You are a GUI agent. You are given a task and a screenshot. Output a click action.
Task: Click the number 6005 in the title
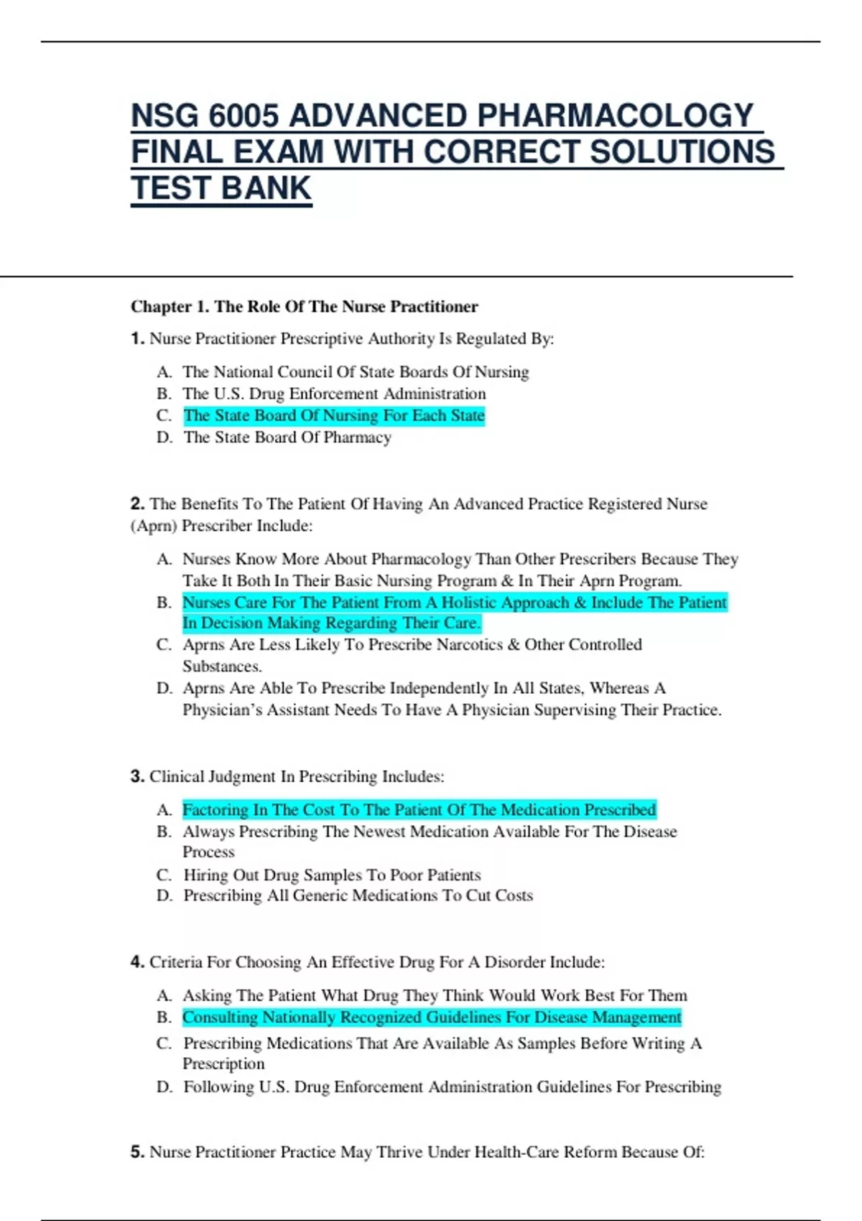pos(244,116)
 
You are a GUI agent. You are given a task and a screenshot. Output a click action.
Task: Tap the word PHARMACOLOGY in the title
pos(615,116)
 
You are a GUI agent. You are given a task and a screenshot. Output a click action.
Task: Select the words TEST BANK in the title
pos(221,188)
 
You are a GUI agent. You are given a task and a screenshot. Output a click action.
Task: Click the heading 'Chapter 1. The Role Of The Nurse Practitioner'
pos(304,307)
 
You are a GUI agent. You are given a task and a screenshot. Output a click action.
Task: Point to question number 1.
pos(137,338)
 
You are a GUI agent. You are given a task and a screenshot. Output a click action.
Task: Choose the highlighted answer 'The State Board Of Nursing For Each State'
pos(334,416)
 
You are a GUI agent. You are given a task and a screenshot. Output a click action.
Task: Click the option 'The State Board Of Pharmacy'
pos(287,437)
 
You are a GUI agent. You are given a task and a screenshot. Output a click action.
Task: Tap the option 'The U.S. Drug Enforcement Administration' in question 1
pos(334,394)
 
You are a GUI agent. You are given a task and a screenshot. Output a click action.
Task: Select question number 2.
pos(137,503)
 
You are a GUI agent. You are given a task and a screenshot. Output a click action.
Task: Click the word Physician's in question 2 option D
pos(222,710)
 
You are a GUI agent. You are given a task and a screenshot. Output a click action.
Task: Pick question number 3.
pos(137,776)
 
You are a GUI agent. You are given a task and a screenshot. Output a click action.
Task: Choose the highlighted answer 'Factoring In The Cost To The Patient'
pos(419,809)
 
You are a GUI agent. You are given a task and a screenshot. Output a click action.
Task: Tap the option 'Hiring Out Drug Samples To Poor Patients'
pos(332,875)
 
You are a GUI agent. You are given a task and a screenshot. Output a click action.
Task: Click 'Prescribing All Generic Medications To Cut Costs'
pos(358,896)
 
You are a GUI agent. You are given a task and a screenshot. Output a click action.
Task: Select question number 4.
pos(137,962)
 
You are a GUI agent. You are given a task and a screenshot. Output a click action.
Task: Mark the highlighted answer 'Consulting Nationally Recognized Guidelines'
pos(432,1017)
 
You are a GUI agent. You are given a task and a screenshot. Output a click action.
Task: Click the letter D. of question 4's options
pos(164,1087)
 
